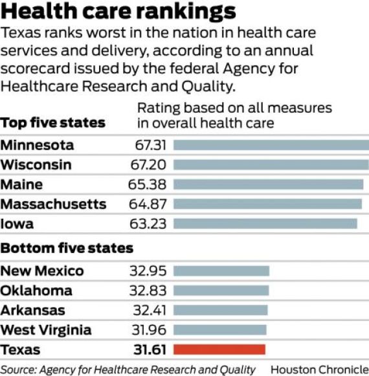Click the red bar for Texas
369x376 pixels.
coord(219,349)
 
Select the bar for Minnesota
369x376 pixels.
coord(271,145)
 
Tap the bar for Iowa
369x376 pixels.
coord(265,224)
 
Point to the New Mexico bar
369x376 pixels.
coord(221,271)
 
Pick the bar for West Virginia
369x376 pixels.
coord(219,329)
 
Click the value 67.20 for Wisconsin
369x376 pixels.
coord(148,165)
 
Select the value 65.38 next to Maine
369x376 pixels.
coord(147,184)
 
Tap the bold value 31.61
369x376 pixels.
coord(150,349)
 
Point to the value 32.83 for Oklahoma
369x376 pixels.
coord(148,291)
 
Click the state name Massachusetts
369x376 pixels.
coord(53,204)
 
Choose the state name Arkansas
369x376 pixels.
coord(32,310)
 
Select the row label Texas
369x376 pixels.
coord(21,349)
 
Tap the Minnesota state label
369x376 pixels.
coord(37,145)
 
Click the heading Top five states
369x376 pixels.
coord(53,123)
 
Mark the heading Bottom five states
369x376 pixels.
coord(67,248)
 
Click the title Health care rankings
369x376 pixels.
coord(118,12)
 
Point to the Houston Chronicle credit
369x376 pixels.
coord(320,370)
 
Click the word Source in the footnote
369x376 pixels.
coord(18,370)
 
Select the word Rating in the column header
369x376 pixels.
coord(159,108)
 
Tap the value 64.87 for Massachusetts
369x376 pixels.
coord(148,204)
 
